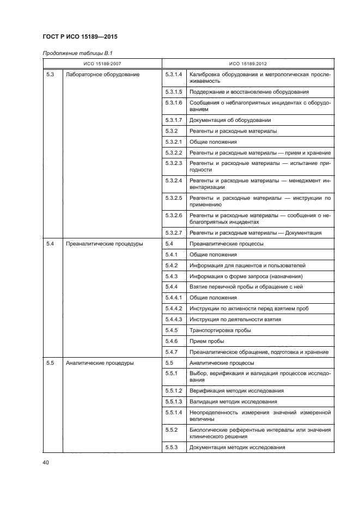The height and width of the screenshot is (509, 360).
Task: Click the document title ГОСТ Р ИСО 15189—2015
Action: click(80, 37)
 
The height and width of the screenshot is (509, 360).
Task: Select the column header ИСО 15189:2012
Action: click(248, 64)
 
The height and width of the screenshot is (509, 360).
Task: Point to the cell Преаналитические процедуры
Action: click(104, 244)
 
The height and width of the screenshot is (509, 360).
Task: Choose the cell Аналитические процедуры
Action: click(99, 363)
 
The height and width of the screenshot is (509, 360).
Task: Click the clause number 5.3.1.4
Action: click(173, 73)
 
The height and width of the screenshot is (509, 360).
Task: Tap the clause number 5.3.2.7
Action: click(173, 233)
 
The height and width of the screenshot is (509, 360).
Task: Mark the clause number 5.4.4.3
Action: click(173, 319)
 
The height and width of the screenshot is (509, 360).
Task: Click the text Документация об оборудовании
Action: click(230, 120)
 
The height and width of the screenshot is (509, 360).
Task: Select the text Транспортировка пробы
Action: click(220, 330)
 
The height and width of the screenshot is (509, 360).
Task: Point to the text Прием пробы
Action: click(207, 341)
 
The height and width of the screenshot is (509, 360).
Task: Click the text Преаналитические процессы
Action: click(226, 244)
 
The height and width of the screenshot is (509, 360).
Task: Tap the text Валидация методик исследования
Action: click(233, 402)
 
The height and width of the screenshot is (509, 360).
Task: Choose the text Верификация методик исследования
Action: click(236, 391)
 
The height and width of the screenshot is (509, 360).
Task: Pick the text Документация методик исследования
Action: click(237, 447)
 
